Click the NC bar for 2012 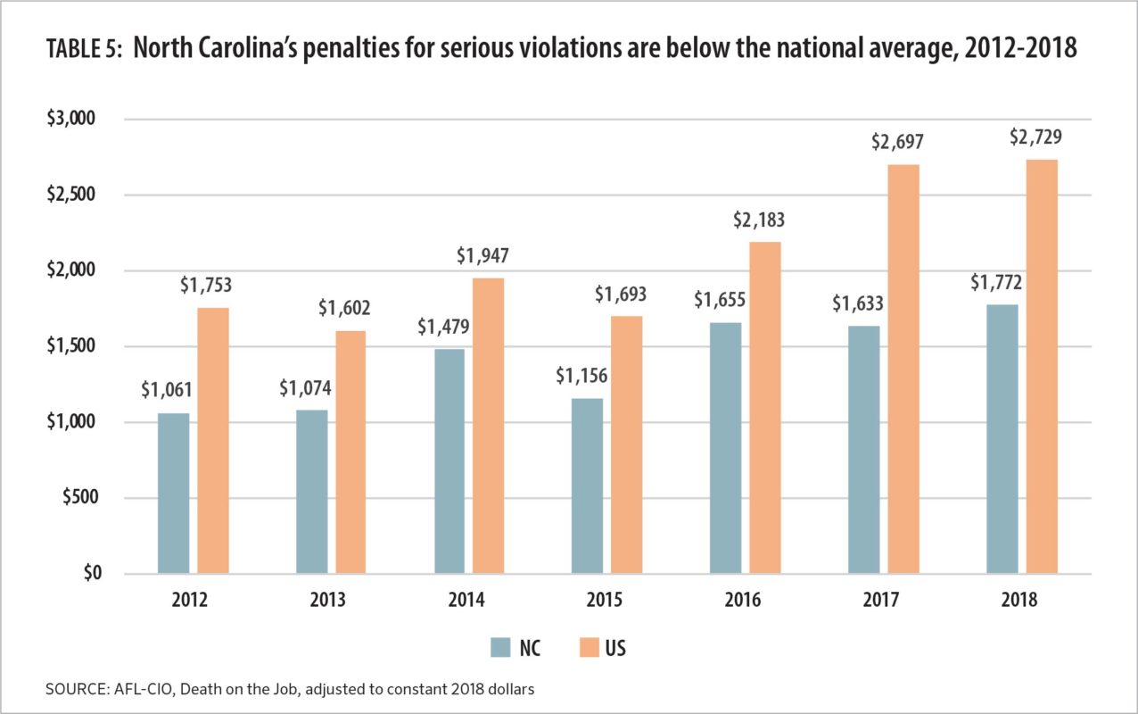pos(173,494)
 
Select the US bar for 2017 pos(903,369)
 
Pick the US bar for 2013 pos(350,452)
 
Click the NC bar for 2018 pos(1002,439)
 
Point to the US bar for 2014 pos(489,426)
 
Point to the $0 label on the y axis pos(94,574)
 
